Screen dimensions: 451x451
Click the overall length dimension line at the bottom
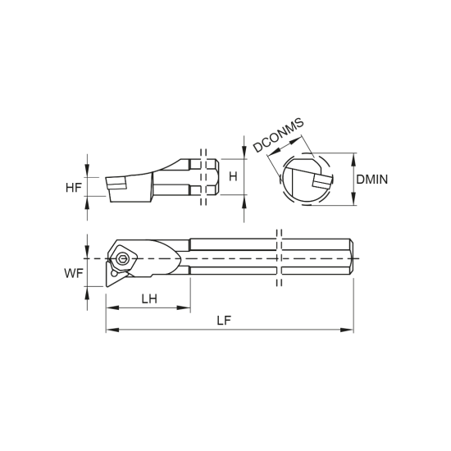(230, 332)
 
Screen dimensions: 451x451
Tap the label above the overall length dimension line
(227, 319)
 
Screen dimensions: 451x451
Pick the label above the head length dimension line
(148, 294)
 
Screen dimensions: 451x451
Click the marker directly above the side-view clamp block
(203, 149)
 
